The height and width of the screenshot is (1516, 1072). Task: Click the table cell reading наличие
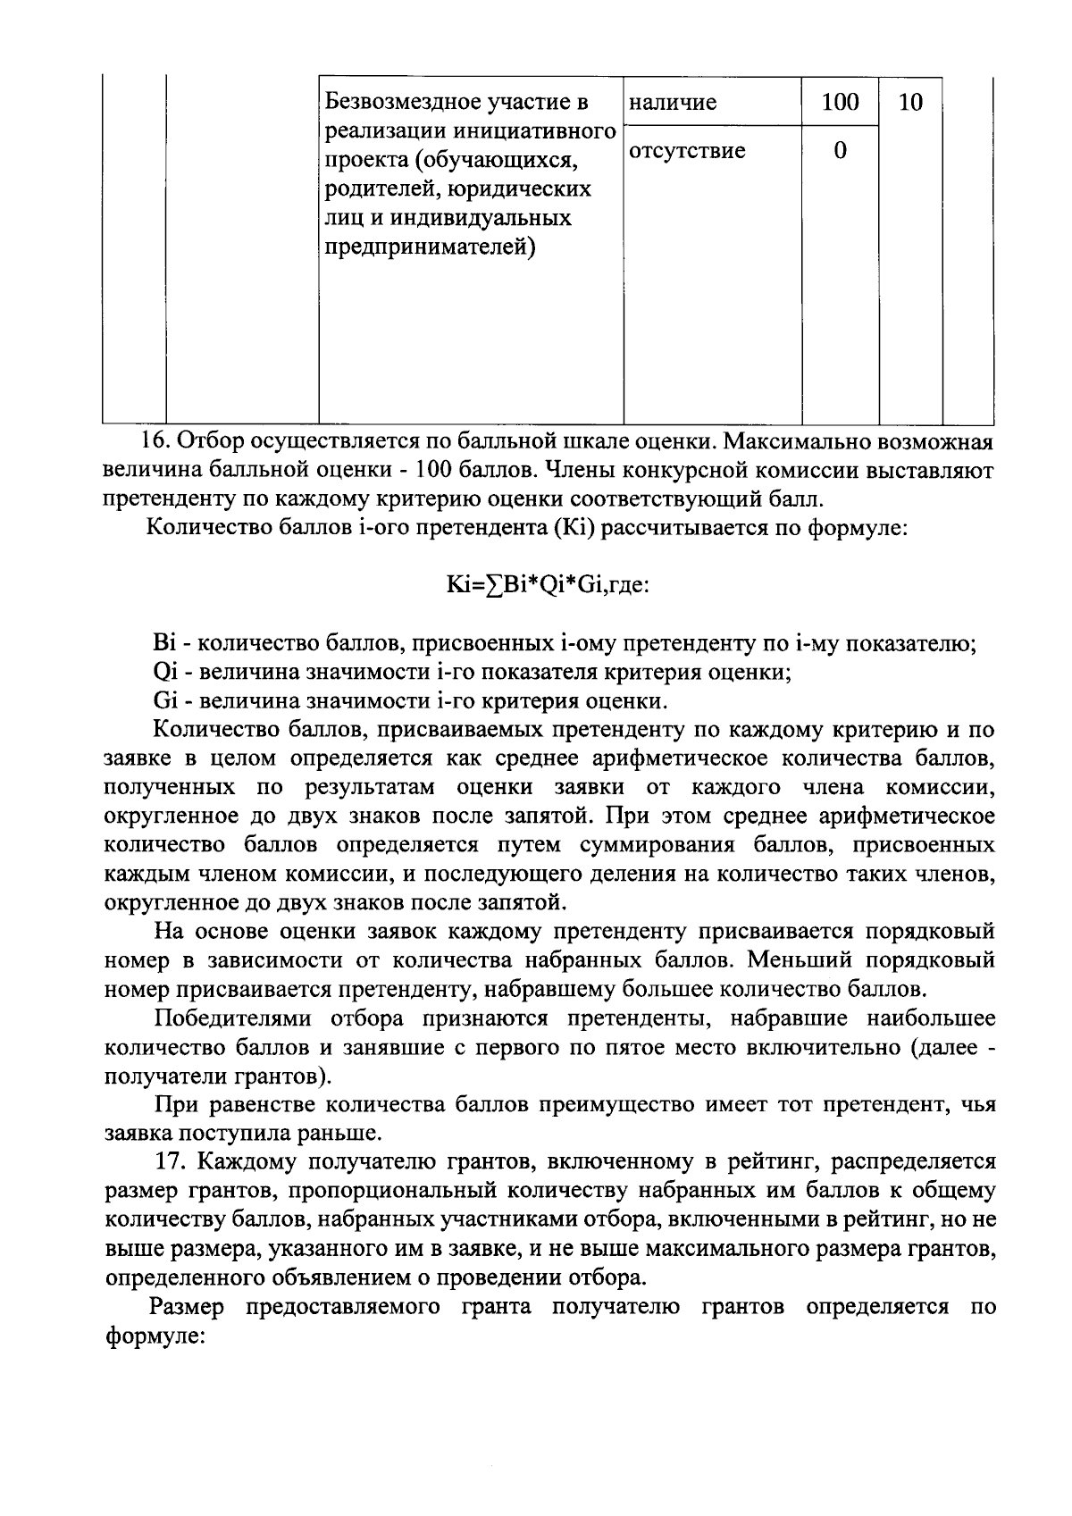673,103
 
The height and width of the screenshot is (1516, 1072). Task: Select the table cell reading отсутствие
687,151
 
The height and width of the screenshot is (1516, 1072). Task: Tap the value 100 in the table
840,103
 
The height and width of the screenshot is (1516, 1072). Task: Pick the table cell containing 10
909,103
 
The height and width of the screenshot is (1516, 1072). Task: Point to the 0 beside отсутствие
840,151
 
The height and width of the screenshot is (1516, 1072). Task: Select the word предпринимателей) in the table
429,247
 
